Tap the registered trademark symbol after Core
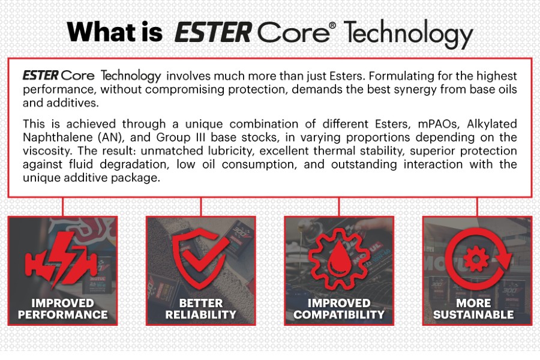[x=332, y=25]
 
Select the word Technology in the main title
[x=409, y=34]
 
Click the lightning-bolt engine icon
[x=61, y=259]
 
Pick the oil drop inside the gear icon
[x=339, y=259]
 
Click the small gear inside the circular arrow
[x=476, y=259]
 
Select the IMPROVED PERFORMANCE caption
[x=62, y=308]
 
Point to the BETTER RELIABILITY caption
[x=201, y=308]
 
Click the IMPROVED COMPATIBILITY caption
[x=339, y=308]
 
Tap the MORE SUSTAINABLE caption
[x=473, y=308]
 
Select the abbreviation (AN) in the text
[x=110, y=137]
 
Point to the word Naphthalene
[x=57, y=137]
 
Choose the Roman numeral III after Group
[x=199, y=137]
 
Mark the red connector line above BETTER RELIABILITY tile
[x=201, y=206]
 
